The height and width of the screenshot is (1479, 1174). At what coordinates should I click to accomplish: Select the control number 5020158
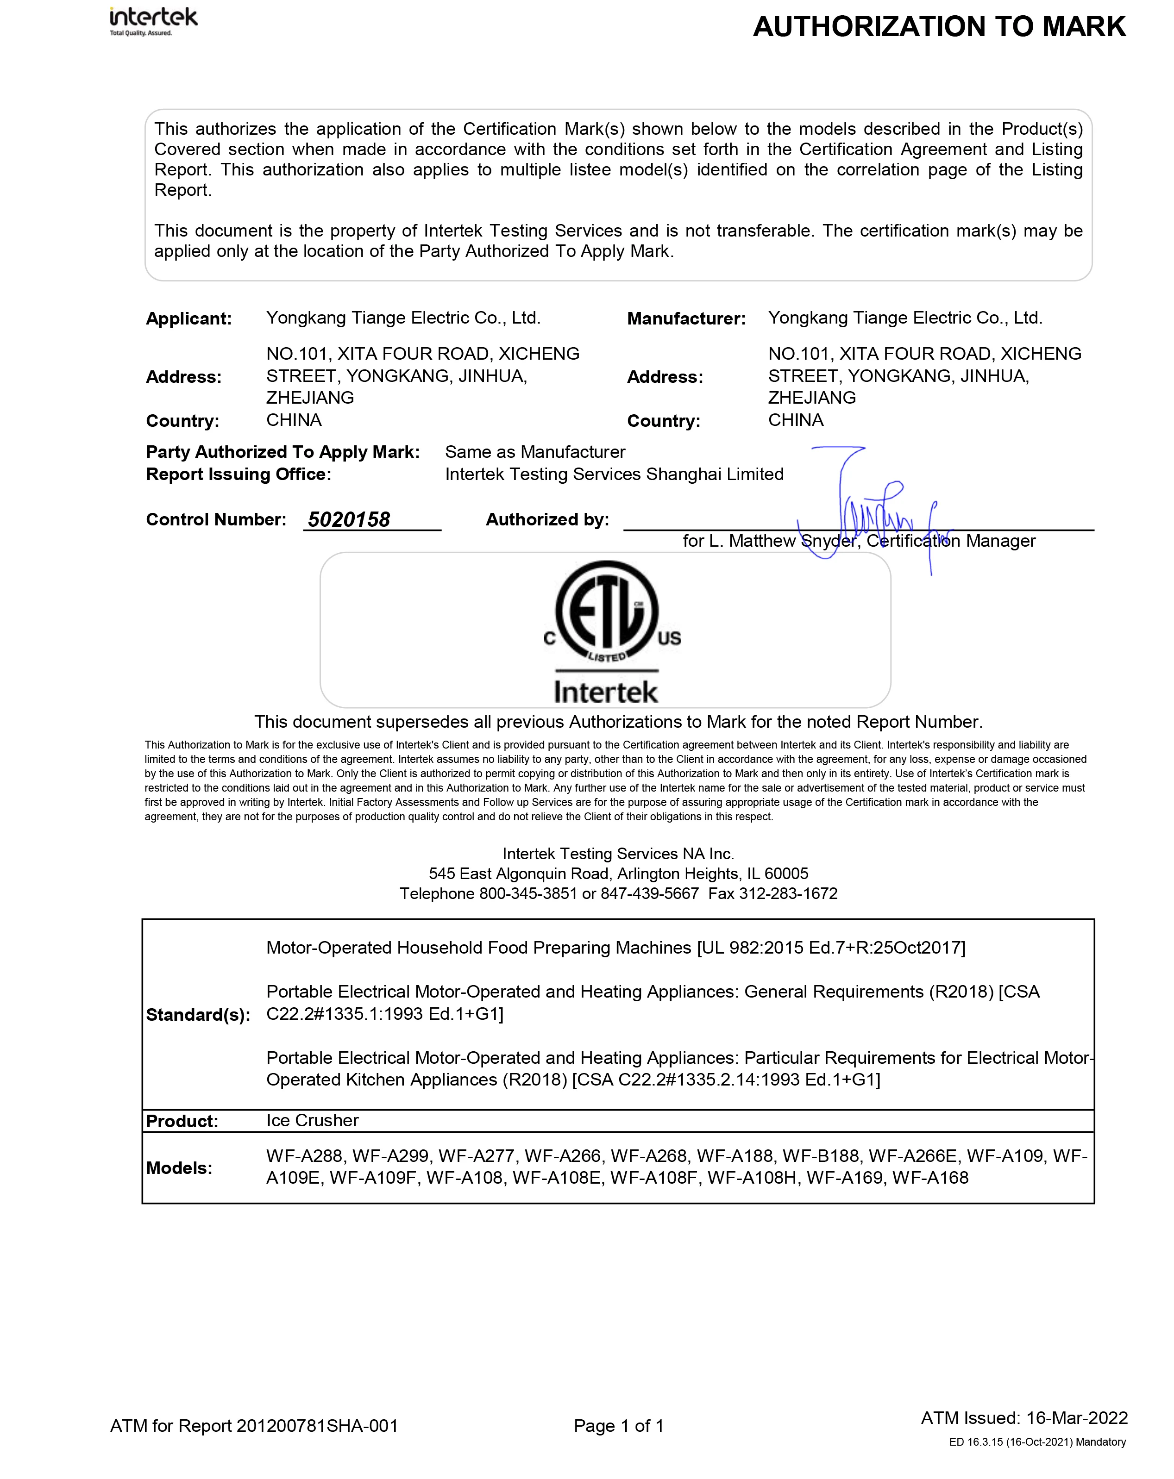tap(349, 519)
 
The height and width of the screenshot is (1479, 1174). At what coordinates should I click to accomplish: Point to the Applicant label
tap(188, 319)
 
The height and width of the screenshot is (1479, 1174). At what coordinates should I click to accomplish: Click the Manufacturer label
tap(685, 319)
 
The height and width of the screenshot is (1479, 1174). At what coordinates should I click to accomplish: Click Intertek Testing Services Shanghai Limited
tap(614, 474)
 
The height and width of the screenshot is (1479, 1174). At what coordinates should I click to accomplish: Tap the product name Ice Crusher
tap(312, 1120)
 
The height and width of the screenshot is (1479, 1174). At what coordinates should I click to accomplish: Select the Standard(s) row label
tap(198, 1015)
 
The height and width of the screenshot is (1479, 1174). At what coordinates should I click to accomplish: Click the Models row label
tap(179, 1167)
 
